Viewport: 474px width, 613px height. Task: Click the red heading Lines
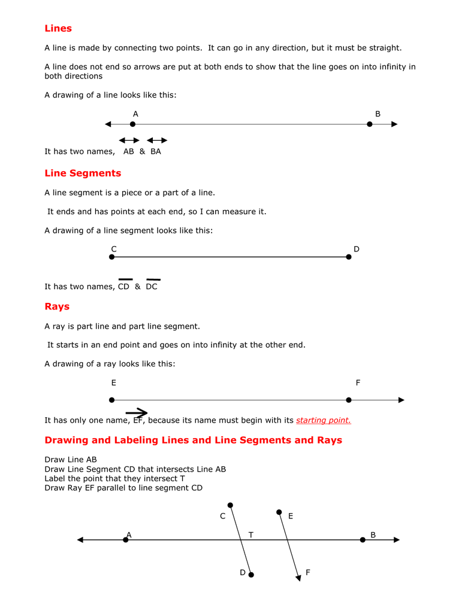[x=58, y=29]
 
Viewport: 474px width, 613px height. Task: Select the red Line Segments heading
[x=83, y=174]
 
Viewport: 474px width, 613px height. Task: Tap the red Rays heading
[x=57, y=306]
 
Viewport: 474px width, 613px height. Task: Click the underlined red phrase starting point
[x=323, y=420]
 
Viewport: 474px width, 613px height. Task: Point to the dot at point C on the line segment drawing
[x=112, y=257]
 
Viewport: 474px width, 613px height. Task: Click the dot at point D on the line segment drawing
[x=349, y=257]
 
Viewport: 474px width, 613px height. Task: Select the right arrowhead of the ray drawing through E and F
[x=401, y=400]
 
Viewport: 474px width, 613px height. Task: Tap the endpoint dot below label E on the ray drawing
[x=112, y=400]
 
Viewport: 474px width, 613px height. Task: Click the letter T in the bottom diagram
[x=251, y=535]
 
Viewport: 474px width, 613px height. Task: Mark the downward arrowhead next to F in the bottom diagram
[x=298, y=577]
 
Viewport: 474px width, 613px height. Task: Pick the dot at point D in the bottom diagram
[x=251, y=575]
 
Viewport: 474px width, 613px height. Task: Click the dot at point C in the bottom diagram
[x=231, y=505]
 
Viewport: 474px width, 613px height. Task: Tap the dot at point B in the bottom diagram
[x=363, y=540]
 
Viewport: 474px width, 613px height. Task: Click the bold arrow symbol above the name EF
[x=137, y=412]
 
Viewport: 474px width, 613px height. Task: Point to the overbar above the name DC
[x=153, y=280]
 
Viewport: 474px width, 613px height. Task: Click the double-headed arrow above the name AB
[x=129, y=140]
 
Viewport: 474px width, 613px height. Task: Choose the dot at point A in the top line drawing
[x=133, y=125]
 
